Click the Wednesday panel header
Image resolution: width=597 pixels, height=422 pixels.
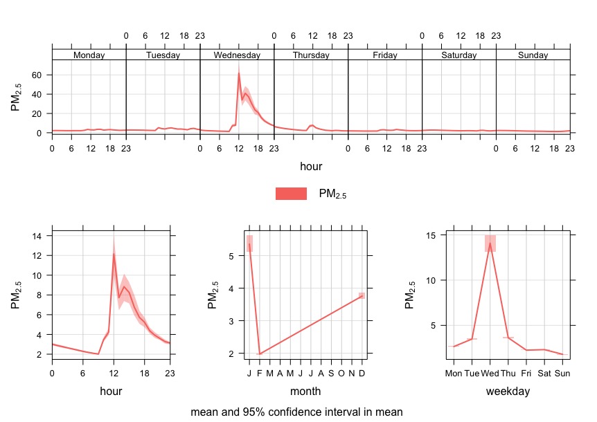point(237,55)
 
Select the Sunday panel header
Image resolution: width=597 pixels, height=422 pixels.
point(533,55)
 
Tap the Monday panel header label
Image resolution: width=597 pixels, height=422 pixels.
point(89,55)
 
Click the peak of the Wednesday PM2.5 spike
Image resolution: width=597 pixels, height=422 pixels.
point(238,73)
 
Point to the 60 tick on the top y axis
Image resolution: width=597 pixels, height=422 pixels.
point(39,75)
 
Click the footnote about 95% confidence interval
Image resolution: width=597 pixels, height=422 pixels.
point(296,412)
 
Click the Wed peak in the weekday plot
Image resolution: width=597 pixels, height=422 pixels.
point(490,243)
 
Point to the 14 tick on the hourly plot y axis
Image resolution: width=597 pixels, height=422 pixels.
point(39,236)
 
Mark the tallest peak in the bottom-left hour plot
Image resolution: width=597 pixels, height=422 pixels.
point(114,254)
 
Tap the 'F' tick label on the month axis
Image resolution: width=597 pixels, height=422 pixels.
point(259,373)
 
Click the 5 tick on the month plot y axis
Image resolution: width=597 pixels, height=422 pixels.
point(231,255)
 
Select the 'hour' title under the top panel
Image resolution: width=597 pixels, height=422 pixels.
point(310,166)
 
